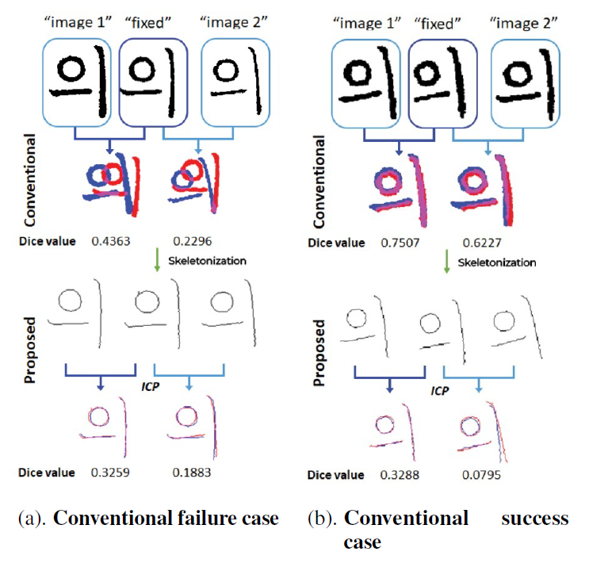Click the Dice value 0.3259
(111, 473)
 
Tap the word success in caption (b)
(534, 519)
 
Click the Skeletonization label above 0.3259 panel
(208, 260)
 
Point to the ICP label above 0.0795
(438, 390)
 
